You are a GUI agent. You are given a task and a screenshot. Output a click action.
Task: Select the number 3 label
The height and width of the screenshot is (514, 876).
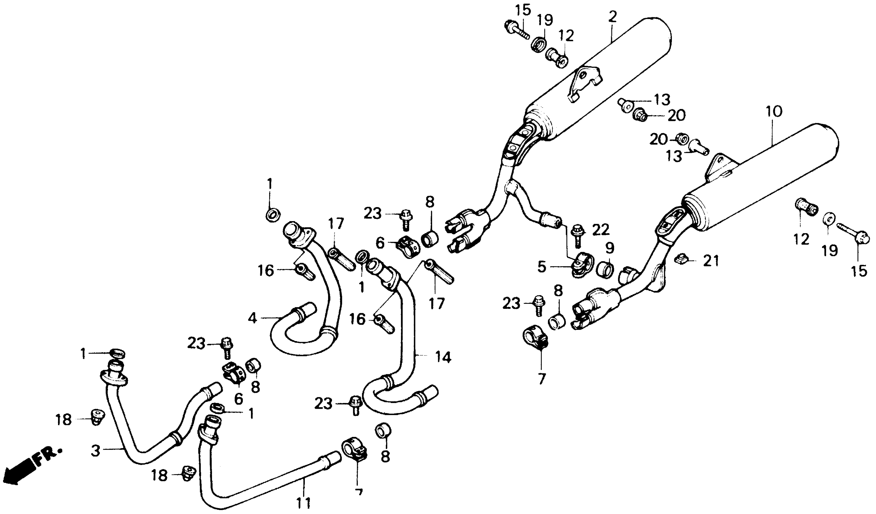pyautogui.click(x=95, y=451)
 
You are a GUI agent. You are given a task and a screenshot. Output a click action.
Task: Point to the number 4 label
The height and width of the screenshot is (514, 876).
pyautogui.click(x=252, y=318)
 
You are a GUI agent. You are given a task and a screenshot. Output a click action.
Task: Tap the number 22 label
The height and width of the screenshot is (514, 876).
pyautogui.click(x=601, y=229)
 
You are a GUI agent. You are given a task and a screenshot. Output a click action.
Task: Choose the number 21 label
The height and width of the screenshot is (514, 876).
pyautogui.click(x=711, y=261)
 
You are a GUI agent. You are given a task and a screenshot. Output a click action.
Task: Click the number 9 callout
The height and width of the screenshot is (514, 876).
pyautogui.click(x=609, y=248)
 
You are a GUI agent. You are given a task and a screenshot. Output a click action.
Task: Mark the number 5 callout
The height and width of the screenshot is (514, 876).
pyautogui.click(x=542, y=267)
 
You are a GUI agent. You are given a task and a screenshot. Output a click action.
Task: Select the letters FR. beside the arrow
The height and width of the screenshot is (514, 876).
pyautogui.click(x=49, y=456)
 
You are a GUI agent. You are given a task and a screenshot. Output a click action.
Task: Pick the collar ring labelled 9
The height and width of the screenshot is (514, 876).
pyautogui.click(x=605, y=269)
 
